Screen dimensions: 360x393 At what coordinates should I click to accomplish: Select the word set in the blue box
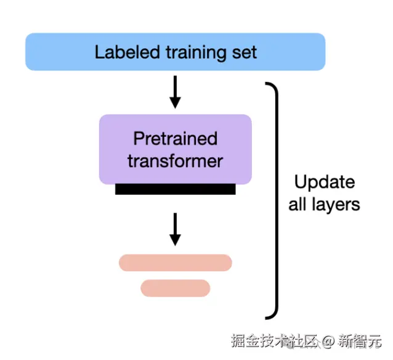[246, 52]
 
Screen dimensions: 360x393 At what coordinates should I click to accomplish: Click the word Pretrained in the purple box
[175, 138]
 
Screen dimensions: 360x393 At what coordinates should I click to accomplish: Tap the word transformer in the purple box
[175, 161]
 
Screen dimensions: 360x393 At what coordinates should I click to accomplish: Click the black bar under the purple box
[175, 189]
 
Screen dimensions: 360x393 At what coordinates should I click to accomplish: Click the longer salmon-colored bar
[175, 263]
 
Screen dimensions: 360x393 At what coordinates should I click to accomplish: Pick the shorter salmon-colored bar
[175, 288]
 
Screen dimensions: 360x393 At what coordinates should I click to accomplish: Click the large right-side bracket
[275, 201]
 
